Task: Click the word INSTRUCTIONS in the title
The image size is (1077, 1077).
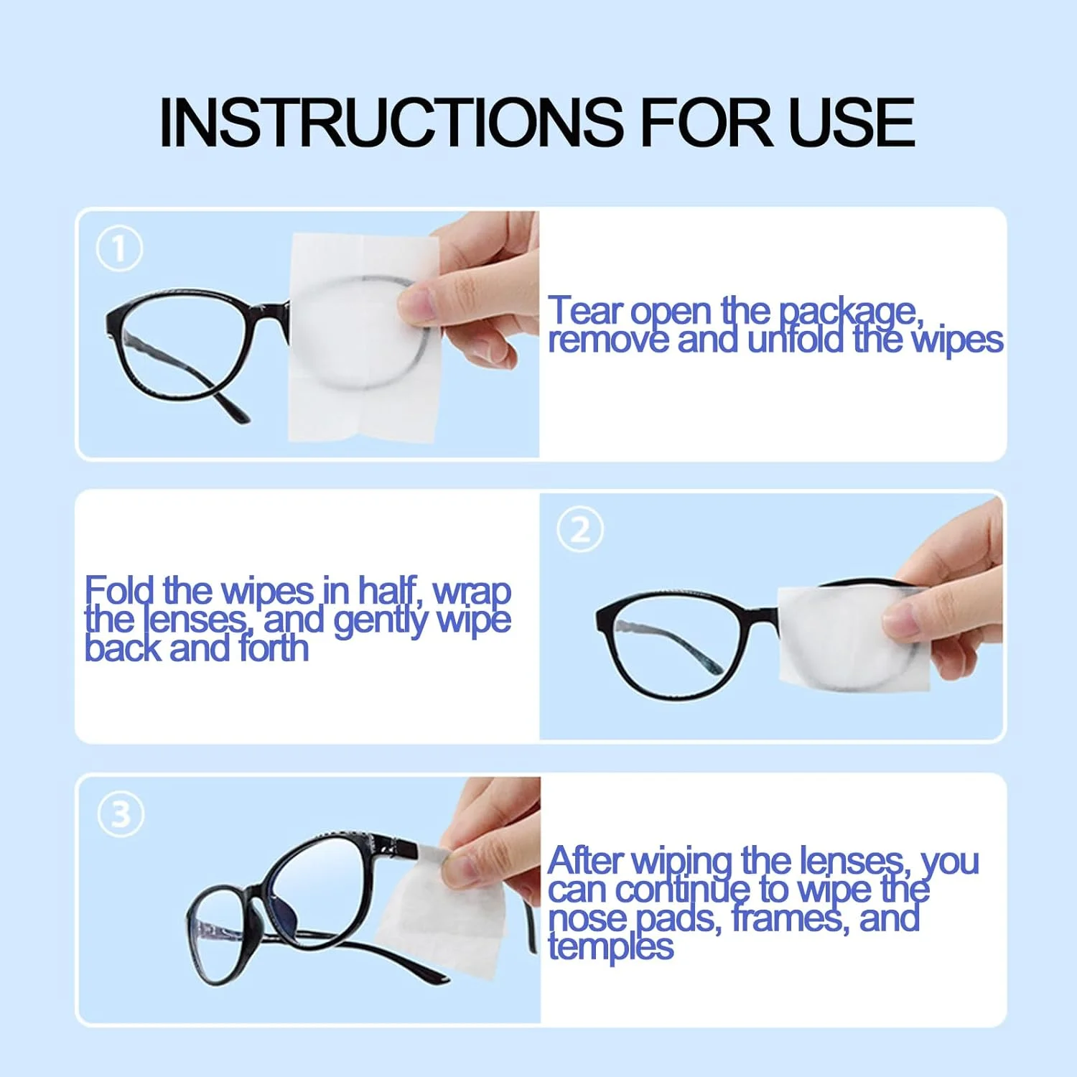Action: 391,123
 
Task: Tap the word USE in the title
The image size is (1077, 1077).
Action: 852,123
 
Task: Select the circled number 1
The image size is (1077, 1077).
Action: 119,248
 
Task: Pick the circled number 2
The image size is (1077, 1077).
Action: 580,529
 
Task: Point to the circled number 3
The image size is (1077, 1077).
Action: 121,814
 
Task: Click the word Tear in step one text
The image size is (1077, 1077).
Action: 586,311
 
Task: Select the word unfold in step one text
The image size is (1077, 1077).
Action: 795,340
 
